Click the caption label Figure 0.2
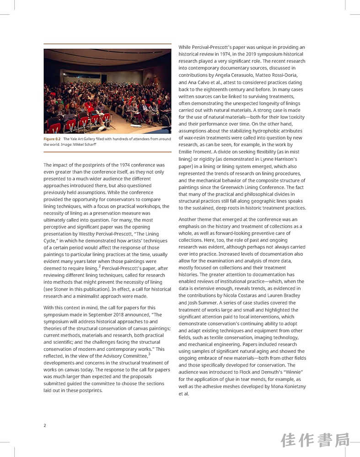[x=52, y=139]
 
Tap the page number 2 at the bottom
[x=45, y=425]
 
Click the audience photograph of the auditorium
[x=107, y=91]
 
